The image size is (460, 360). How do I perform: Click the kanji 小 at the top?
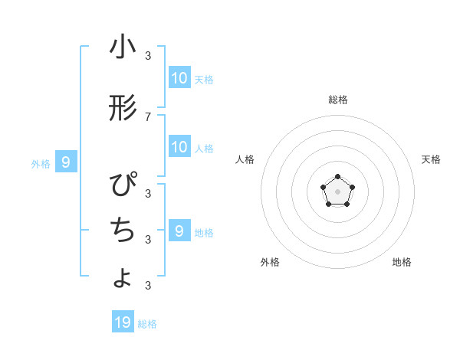click(x=123, y=47)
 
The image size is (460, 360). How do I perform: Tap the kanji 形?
click(x=123, y=110)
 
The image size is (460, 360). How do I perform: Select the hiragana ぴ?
click(x=123, y=187)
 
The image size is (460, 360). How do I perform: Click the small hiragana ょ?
click(x=123, y=278)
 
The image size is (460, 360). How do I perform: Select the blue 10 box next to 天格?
click(x=179, y=78)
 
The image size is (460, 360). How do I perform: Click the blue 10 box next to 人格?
click(x=179, y=147)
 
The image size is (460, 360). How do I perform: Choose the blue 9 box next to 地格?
click(x=179, y=231)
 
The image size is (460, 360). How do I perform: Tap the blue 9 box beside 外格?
click(x=66, y=162)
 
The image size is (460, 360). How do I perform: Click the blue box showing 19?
click(x=123, y=322)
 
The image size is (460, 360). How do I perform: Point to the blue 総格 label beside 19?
click(x=147, y=324)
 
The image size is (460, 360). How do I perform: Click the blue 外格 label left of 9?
click(x=41, y=163)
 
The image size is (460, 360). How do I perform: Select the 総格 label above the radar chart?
click(x=337, y=100)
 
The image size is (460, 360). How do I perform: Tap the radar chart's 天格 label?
click(x=432, y=159)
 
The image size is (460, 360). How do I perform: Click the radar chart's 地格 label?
click(x=402, y=262)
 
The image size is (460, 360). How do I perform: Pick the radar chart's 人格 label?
click(x=245, y=159)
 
